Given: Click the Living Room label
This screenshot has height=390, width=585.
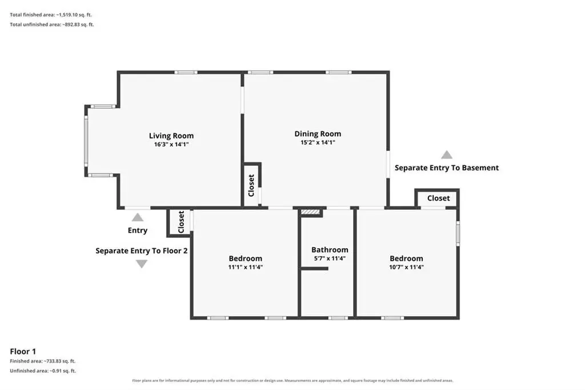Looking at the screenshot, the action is tap(171, 136).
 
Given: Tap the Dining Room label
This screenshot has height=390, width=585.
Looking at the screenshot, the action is tap(318, 134).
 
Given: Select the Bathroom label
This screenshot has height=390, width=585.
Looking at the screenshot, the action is tap(330, 249).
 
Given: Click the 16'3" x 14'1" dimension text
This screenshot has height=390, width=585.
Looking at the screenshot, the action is tap(171, 145).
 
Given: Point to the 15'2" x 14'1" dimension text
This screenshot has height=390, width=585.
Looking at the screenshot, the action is tap(318, 142).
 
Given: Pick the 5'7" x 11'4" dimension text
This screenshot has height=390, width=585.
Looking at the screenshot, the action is tap(330, 258).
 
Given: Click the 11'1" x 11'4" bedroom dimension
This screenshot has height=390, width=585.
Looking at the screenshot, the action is tap(246, 267).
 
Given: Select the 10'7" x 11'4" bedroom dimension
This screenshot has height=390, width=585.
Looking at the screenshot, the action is tap(406, 267).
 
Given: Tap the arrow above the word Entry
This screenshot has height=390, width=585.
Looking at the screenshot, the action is tap(138, 217).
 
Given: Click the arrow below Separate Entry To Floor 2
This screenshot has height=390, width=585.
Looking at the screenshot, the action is tap(142, 264).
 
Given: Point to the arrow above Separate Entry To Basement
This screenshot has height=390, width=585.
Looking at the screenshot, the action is tap(447, 154).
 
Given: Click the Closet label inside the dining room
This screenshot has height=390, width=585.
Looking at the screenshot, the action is tap(251, 185).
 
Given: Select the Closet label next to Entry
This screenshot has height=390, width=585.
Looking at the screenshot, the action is tap(181, 222).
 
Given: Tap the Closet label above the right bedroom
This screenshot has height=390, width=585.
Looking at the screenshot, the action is tap(438, 198).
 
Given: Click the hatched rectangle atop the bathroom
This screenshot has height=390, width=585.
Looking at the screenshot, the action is tap(310, 212).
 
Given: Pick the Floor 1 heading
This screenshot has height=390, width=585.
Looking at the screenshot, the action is tap(23, 352).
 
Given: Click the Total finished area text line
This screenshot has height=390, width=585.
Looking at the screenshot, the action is tap(51, 15).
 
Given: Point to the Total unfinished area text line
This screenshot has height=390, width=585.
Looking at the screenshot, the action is tap(52, 25).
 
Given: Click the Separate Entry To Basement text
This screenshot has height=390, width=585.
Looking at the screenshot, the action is tap(447, 168).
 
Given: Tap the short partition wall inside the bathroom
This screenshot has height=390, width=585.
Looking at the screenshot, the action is tap(314, 269).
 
